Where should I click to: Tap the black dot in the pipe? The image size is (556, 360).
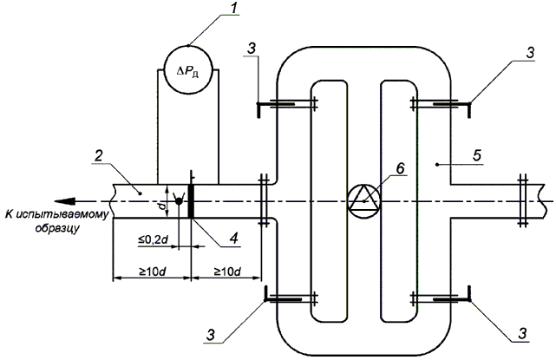[178, 201]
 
